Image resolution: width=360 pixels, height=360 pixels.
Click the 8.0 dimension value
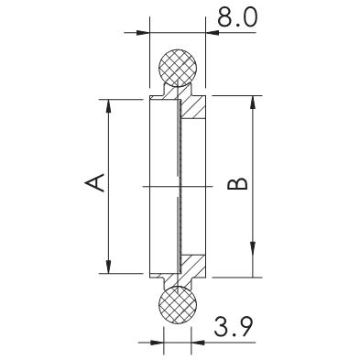(237, 16)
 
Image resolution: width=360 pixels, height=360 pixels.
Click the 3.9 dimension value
(234, 326)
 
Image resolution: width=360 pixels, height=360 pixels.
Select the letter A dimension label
(94, 182)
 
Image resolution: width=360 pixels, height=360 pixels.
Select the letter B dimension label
(238, 184)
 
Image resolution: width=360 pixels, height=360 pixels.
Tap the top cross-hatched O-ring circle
(178, 67)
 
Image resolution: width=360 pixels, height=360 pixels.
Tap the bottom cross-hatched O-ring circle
(178, 304)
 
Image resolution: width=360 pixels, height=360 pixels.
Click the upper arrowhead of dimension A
(108, 105)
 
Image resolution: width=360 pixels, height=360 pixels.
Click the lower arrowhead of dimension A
(108, 267)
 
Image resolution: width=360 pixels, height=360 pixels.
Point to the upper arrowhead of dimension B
(253, 102)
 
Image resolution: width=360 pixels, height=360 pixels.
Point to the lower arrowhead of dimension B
(253, 271)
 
